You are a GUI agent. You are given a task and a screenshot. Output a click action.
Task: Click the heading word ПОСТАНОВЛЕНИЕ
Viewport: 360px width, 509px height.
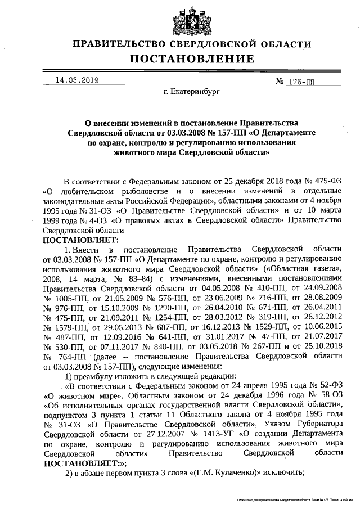click(x=192, y=59)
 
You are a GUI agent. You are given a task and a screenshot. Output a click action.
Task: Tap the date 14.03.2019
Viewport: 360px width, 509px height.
click(x=77, y=80)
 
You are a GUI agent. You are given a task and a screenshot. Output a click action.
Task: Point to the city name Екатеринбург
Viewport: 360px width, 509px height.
click(x=191, y=91)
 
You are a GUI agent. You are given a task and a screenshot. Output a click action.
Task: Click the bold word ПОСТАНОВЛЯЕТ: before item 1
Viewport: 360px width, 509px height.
click(x=81, y=240)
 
